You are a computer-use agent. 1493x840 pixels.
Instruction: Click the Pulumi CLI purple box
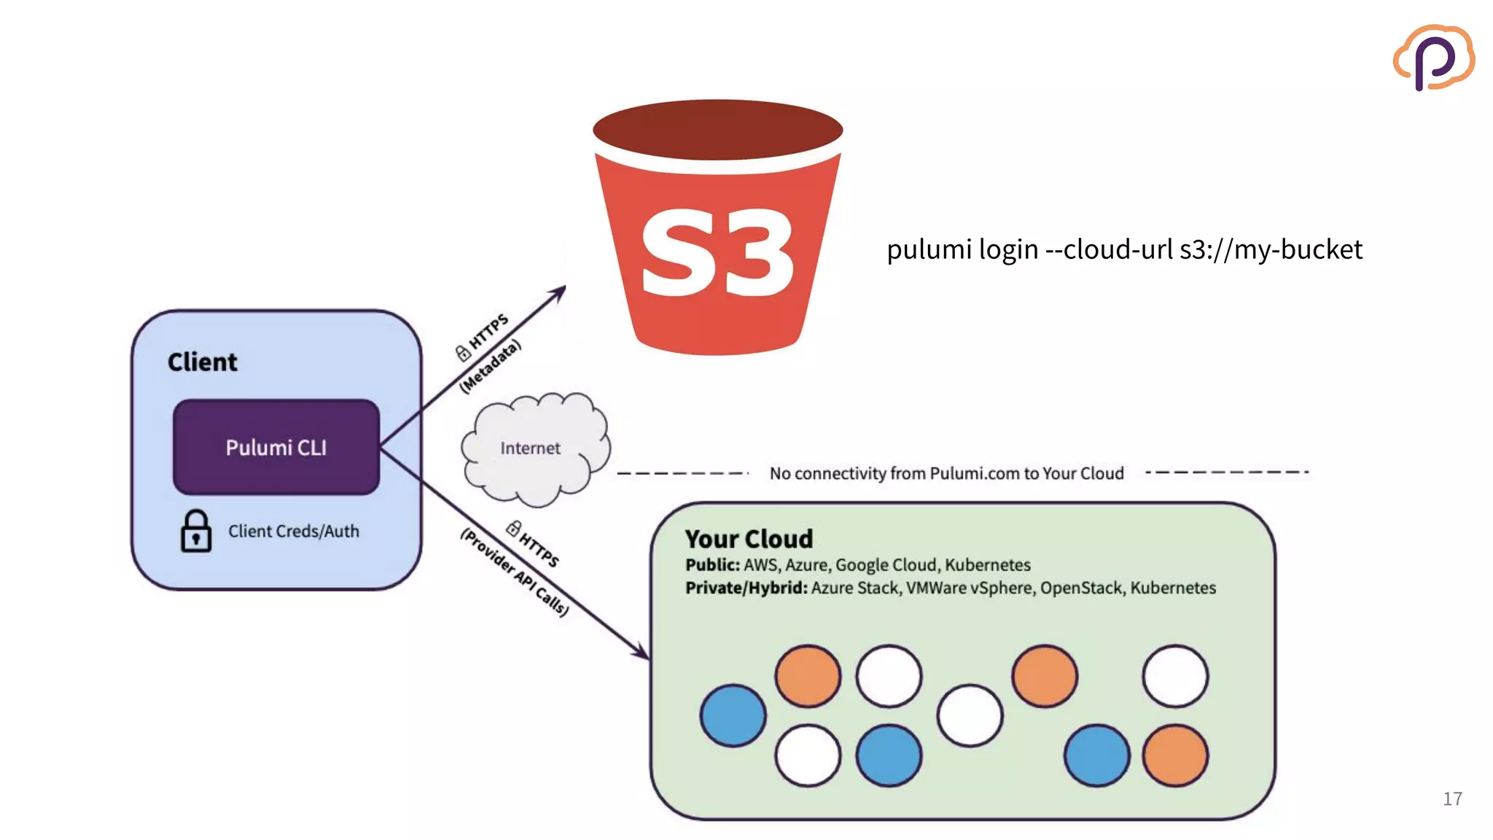point(276,447)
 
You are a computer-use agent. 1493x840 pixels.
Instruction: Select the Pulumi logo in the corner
point(1433,58)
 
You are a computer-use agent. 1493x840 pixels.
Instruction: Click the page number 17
point(1451,799)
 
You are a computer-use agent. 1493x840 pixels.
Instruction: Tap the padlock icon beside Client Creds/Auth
point(195,532)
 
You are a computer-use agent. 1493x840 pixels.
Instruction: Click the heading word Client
point(202,362)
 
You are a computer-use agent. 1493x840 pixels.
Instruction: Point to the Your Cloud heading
point(749,539)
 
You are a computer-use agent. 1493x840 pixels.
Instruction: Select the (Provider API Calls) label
point(514,573)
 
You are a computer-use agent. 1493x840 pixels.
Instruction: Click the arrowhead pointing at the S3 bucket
point(559,292)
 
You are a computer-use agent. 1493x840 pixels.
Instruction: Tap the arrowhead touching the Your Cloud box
point(641,650)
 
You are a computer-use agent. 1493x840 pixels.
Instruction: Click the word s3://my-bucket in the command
point(1271,250)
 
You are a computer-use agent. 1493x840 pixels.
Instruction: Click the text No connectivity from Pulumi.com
point(946,474)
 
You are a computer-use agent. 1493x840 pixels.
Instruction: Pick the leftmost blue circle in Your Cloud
point(733,715)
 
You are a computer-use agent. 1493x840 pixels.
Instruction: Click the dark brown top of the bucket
point(717,130)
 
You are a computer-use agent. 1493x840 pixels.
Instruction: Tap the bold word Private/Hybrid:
point(746,588)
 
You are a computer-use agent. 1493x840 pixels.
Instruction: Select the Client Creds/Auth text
point(293,532)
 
